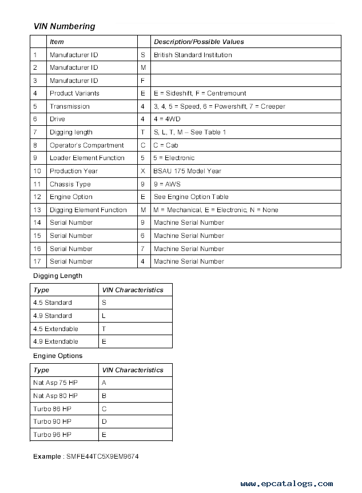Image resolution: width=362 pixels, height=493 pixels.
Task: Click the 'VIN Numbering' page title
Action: (64, 26)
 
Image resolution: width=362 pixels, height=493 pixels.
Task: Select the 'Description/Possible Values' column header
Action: (198, 42)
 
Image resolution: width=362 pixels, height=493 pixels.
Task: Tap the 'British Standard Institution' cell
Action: (193, 55)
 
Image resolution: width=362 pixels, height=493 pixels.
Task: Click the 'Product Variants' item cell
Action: (74, 93)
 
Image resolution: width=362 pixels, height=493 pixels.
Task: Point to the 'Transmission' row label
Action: (69, 106)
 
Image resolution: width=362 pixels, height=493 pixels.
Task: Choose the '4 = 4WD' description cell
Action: (166, 119)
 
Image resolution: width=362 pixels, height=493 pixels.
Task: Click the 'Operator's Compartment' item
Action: (86, 145)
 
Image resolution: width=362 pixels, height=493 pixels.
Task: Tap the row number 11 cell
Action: (37, 184)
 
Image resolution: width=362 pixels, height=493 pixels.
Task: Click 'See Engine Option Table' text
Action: (191, 197)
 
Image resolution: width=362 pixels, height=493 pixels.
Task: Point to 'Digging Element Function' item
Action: (88, 210)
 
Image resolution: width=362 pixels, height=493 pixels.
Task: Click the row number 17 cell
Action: (37, 261)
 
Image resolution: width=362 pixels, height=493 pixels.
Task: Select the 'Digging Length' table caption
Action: (57, 276)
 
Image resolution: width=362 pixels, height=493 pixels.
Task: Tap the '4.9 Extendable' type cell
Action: (55, 341)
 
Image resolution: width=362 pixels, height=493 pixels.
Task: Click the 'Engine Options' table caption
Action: (58, 356)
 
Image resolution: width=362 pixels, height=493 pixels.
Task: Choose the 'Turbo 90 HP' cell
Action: (52, 422)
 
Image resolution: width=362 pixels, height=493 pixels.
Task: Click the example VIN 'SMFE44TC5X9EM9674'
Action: (102, 457)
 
